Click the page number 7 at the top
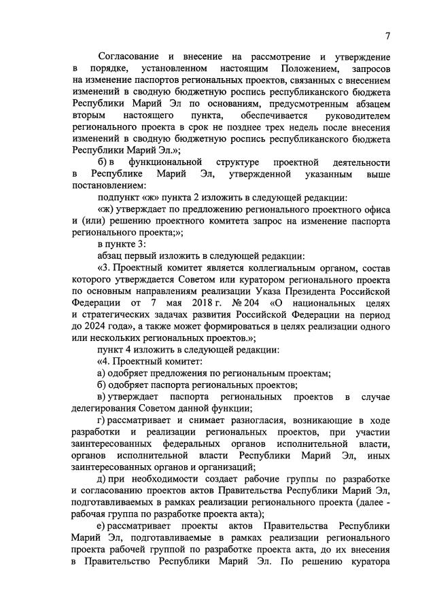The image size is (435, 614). click(x=387, y=36)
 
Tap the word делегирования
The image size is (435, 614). click(x=104, y=408)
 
